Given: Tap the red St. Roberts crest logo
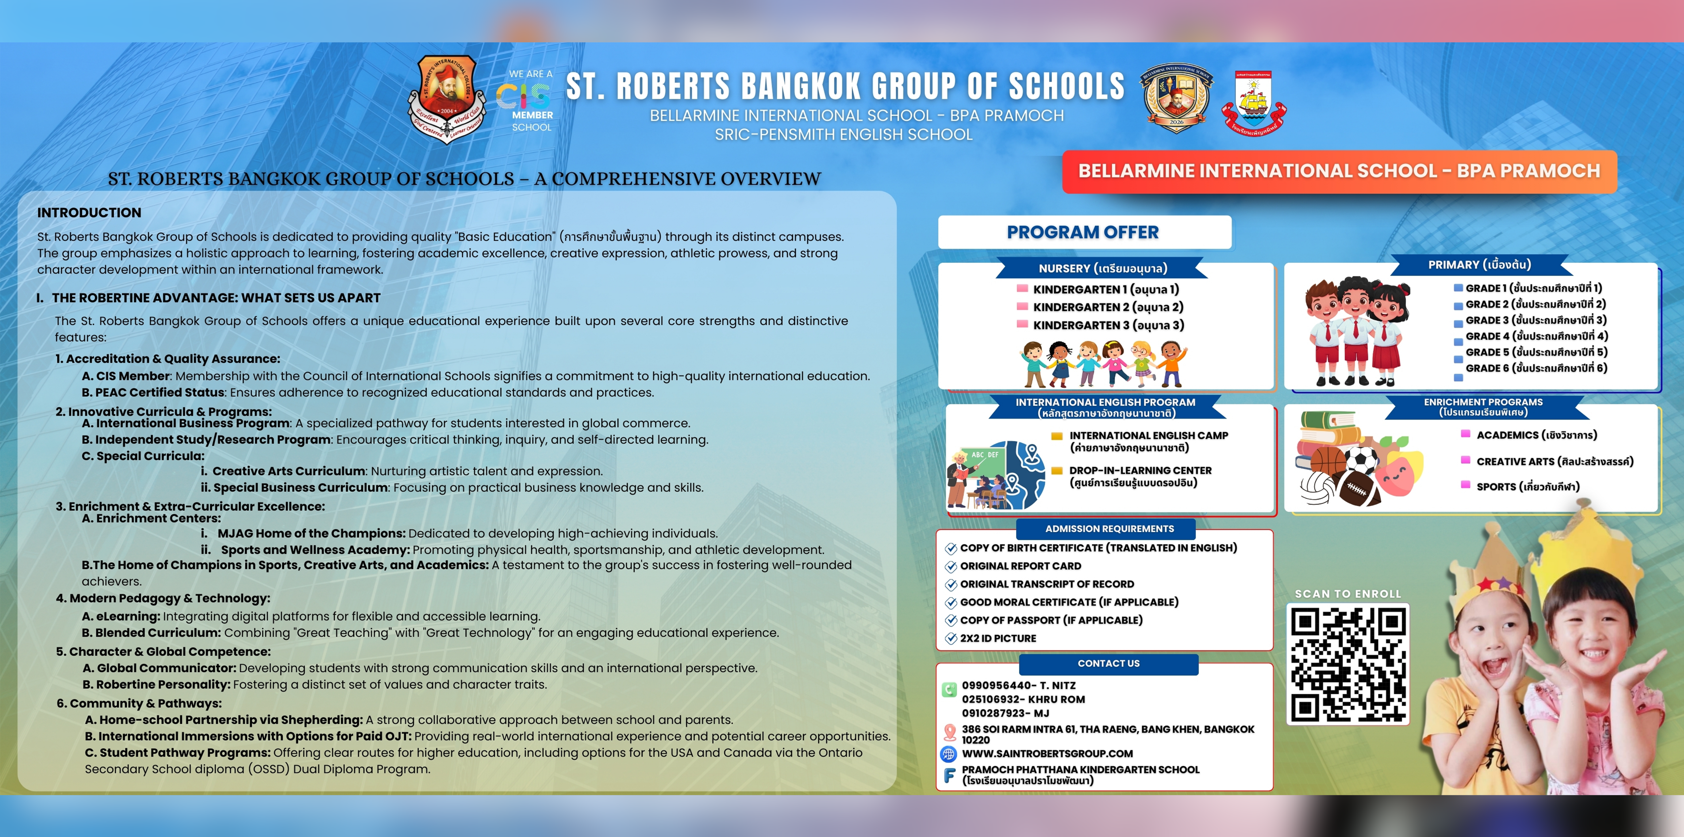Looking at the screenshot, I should point(447,98).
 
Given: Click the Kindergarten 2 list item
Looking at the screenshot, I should point(1108,307).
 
